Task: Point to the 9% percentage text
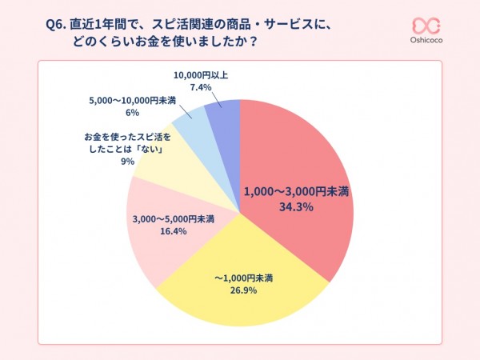[127, 161]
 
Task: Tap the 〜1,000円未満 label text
[243, 278]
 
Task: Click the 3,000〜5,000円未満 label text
[172, 218]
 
